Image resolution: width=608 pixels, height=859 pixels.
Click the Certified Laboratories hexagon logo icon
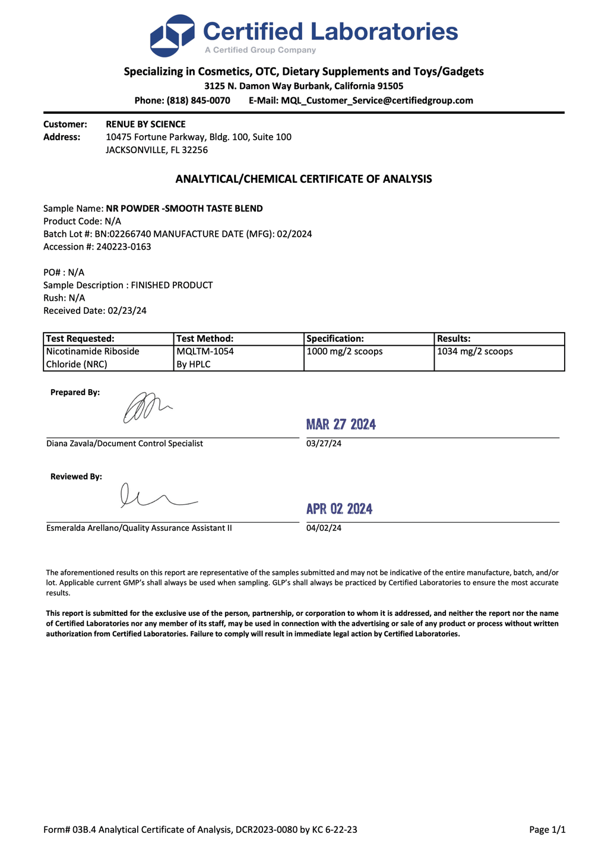coord(172,35)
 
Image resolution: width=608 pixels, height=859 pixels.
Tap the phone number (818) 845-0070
coord(198,100)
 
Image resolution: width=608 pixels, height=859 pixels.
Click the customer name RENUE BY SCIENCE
coord(145,124)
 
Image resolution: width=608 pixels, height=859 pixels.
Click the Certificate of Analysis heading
coord(303,179)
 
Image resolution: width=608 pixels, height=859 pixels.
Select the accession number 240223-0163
coord(123,247)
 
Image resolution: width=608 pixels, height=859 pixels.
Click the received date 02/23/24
coord(126,310)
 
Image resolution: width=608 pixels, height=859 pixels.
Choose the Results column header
coord(454,339)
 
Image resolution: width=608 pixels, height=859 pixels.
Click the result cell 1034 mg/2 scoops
coord(475,351)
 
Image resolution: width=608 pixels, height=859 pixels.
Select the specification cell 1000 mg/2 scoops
coord(344,351)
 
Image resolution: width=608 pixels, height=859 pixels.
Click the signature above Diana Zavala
coord(145,408)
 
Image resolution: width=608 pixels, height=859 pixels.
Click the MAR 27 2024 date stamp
coord(341,424)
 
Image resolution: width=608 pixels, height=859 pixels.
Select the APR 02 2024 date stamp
coord(339,509)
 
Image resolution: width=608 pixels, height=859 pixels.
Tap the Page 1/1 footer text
coord(547,829)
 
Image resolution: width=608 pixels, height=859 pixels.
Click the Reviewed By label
coord(76,476)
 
